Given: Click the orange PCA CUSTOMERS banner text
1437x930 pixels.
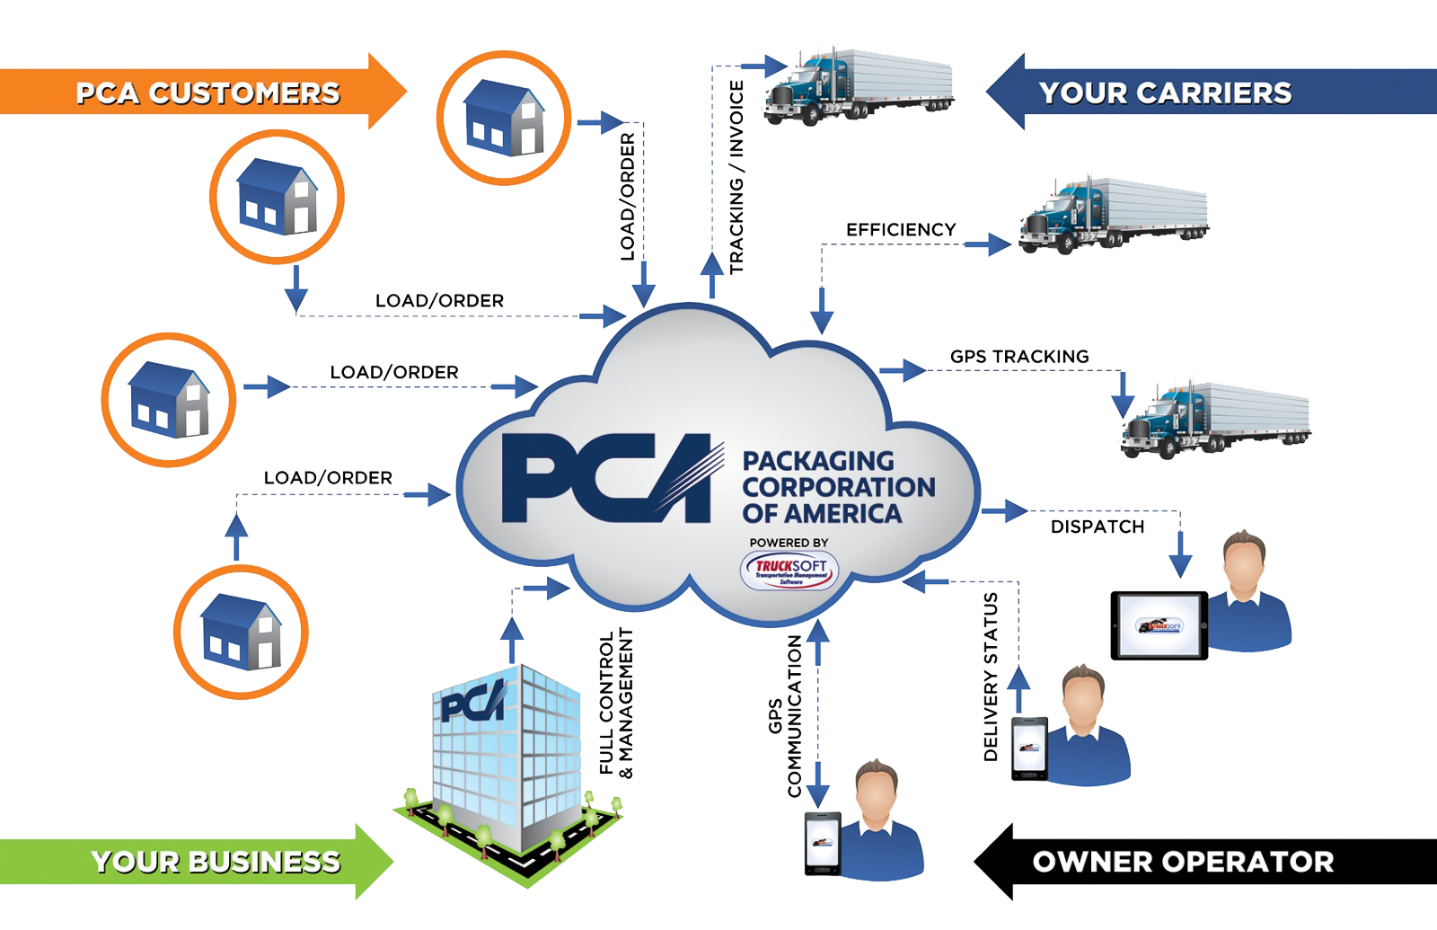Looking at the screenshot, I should (207, 93).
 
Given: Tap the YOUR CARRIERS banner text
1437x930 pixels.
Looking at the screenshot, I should (1165, 93).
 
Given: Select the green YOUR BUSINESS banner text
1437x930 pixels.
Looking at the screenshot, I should (216, 862).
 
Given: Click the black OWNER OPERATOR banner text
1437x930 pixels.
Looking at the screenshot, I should (1183, 862).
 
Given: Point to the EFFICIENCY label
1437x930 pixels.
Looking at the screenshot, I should (901, 230).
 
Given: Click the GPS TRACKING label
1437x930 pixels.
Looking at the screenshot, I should (1019, 357).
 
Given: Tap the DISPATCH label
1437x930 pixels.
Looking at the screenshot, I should (1098, 527).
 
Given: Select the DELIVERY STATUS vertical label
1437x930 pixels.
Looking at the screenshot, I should (992, 677).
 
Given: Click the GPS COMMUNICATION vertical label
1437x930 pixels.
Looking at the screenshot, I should (783, 716).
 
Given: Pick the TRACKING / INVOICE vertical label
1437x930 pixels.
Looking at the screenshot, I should (736, 177).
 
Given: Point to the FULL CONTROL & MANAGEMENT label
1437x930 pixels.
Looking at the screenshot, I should (616, 703).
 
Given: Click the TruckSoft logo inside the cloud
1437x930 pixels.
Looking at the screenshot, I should (789, 571).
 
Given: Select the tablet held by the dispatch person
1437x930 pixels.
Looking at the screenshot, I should (1159, 625).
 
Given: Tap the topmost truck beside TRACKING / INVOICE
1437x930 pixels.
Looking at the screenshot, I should (858, 85).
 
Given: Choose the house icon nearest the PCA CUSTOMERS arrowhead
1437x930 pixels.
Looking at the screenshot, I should (504, 118).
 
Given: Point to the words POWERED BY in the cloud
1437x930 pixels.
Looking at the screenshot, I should (789, 543).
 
